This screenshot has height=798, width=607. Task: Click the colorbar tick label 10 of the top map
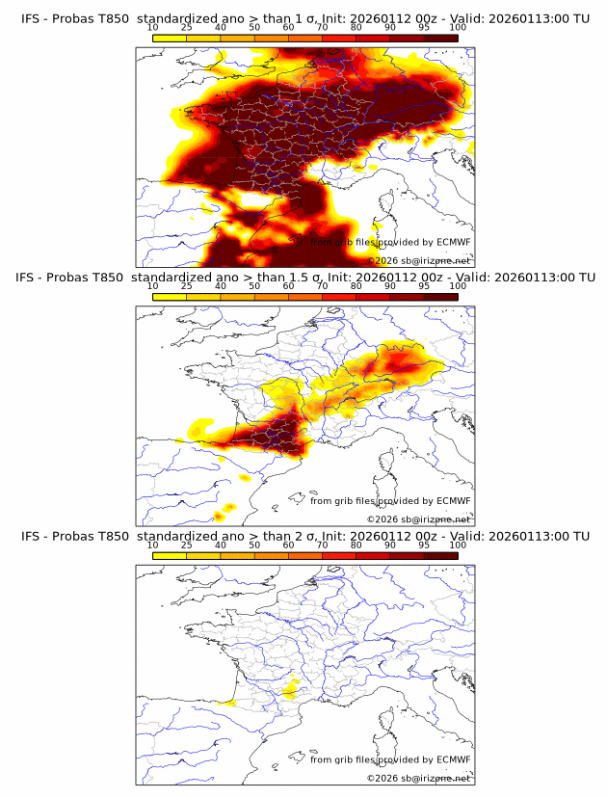[153, 29]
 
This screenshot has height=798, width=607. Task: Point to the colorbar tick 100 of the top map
[457, 29]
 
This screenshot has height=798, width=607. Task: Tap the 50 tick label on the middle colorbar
[254, 287]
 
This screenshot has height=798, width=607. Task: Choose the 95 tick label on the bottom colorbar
[424, 545]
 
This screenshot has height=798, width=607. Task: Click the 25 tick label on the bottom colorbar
[187, 545]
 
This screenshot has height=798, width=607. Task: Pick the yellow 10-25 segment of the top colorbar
[170, 38]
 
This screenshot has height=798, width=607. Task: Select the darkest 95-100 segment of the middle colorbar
[440, 296]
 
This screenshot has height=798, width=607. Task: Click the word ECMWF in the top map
[453, 242]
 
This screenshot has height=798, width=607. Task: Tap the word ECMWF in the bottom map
[453, 759]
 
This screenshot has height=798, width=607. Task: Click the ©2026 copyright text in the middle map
[383, 519]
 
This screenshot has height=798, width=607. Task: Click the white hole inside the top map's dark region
[260, 200]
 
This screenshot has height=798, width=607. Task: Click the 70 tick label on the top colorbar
[322, 29]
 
